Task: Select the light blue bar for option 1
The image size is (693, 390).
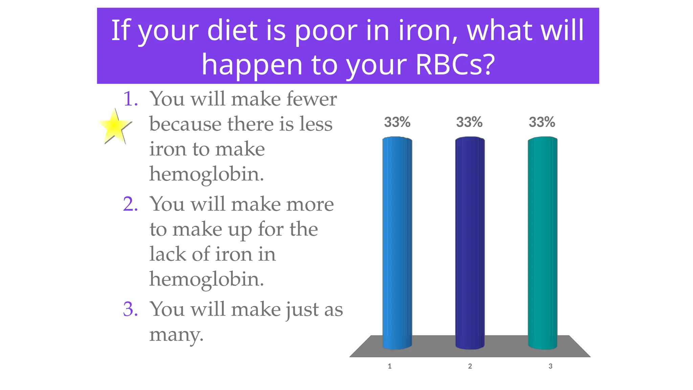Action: [397, 242]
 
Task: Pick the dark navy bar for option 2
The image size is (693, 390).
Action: [470, 242]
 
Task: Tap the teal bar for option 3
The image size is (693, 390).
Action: [542, 242]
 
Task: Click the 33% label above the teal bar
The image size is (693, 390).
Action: [542, 122]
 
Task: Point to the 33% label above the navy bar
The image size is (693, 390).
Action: [469, 122]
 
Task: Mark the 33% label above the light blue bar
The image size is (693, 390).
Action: [397, 122]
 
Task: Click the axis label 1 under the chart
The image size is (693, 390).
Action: [389, 366]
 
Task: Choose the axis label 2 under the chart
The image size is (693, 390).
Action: [470, 366]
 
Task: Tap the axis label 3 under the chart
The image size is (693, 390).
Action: [550, 366]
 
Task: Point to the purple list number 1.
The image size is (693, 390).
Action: [130, 99]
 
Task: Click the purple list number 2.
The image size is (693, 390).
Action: [130, 204]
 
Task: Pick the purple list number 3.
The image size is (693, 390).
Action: [130, 309]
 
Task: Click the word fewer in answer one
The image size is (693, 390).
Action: [311, 99]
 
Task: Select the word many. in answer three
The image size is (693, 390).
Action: [176, 335]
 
